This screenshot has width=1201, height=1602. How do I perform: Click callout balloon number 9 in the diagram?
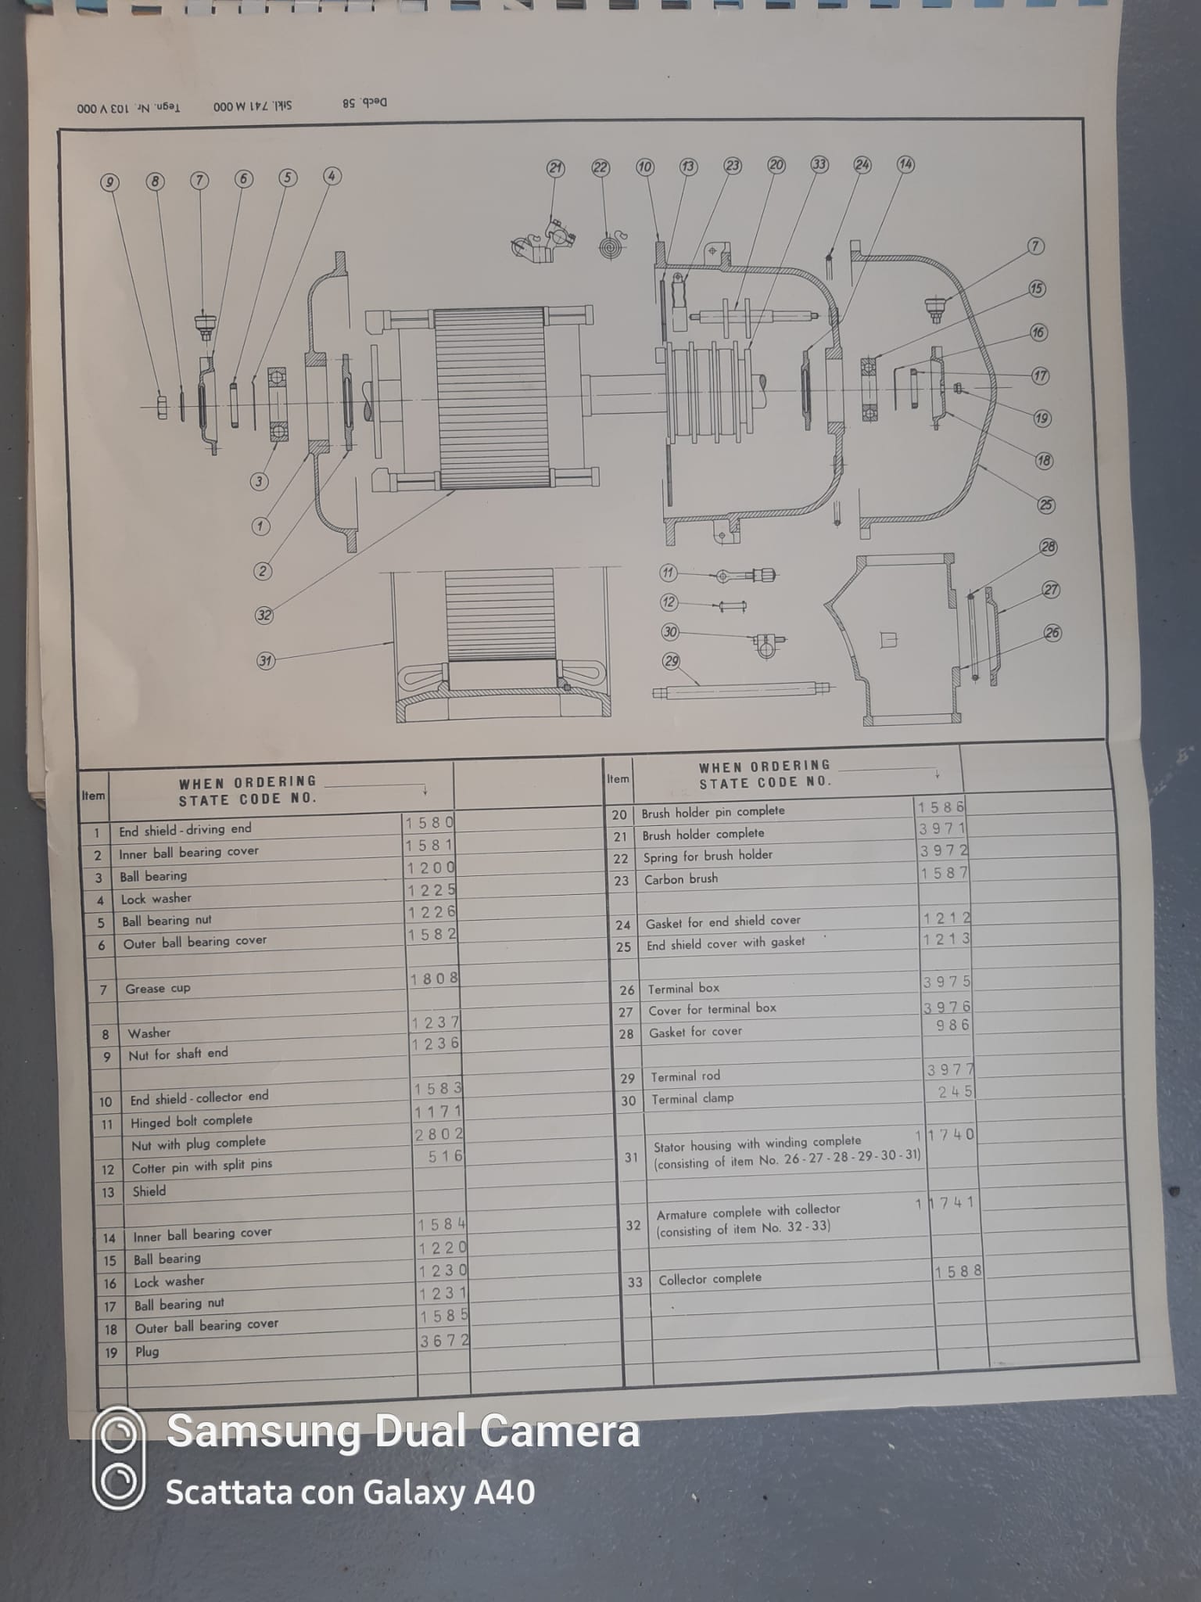click(109, 182)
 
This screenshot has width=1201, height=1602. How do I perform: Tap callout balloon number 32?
click(264, 615)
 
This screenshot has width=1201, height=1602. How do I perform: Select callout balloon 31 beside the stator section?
click(266, 661)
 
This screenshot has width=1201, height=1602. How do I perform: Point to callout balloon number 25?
click(1046, 505)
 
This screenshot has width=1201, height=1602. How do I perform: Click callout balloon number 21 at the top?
click(555, 168)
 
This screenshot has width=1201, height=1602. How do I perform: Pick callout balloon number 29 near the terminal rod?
click(671, 661)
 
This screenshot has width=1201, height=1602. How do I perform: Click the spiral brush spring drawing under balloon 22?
click(610, 244)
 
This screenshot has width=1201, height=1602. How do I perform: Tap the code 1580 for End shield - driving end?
click(429, 823)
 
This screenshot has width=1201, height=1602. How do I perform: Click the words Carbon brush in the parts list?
click(681, 879)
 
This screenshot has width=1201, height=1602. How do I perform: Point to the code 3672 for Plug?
click(444, 1341)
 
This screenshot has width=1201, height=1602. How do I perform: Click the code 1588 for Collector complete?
click(958, 1272)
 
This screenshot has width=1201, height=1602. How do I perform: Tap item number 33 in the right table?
click(635, 1282)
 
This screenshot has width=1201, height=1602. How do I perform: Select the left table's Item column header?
click(93, 796)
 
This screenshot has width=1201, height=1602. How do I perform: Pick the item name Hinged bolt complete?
click(192, 1121)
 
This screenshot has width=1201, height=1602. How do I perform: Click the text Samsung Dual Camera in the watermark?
click(403, 1431)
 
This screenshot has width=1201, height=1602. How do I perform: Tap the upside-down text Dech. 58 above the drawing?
click(364, 102)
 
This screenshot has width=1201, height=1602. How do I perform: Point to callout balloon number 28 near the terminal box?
click(1049, 547)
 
